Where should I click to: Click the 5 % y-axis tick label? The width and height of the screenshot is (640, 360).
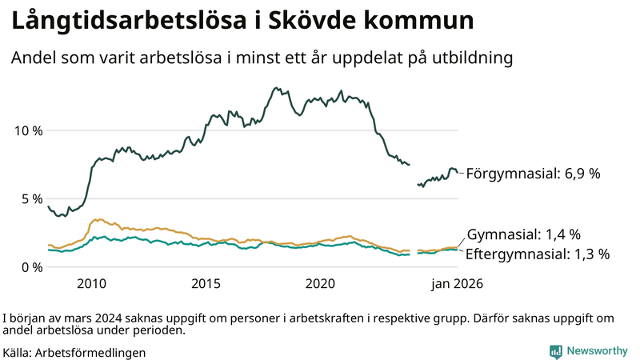pyautogui.click(x=30, y=198)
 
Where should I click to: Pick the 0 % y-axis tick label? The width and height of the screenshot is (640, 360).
pyautogui.click(x=30, y=266)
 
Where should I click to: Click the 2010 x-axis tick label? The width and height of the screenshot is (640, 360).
pyautogui.click(x=91, y=283)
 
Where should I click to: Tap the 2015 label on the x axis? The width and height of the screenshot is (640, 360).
pyautogui.click(x=206, y=283)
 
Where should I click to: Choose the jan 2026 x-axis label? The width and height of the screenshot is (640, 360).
pyautogui.click(x=458, y=283)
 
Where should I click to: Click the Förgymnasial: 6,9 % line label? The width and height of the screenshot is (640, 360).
pyautogui.click(x=533, y=173)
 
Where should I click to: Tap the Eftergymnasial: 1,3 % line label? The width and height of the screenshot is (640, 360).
pyautogui.click(x=538, y=254)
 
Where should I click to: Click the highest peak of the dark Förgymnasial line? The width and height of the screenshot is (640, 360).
pyautogui.click(x=276, y=88)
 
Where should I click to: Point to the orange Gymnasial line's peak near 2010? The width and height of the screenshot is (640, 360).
pyautogui.click(x=98, y=219)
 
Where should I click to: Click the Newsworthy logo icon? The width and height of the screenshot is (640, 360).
pyautogui.click(x=555, y=351)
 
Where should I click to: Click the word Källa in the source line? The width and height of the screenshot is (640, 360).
pyautogui.click(x=18, y=352)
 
